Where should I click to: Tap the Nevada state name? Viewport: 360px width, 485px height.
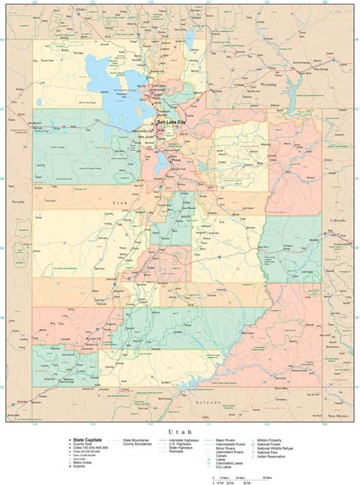click(x=18, y=201)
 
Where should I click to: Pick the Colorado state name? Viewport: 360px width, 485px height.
click(x=337, y=220)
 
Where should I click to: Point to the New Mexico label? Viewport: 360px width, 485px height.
click(x=336, y=417)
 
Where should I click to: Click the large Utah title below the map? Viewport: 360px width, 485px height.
click(x=179, y=431)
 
